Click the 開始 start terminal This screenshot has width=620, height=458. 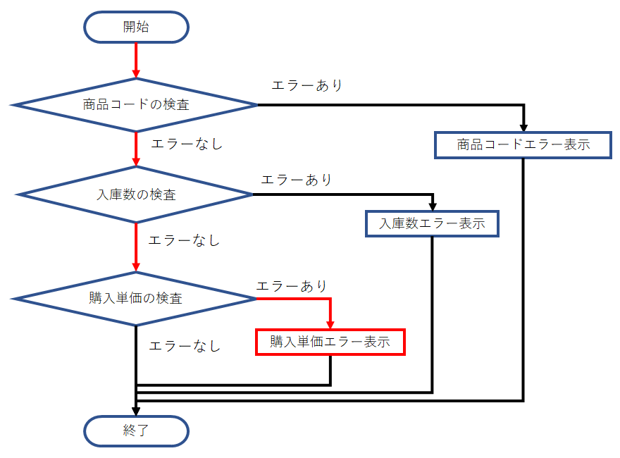coord(136,27)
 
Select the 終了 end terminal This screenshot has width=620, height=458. coord(136,431)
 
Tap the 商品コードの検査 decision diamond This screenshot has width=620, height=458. coord(136,105)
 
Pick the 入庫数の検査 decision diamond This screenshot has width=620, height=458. coord(136,194)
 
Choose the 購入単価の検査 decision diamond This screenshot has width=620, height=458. coord(136,299)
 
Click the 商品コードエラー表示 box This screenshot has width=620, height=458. coord(523,145)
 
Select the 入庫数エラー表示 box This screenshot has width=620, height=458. coord(432,224)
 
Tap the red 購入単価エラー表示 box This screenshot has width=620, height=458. coord(330,342)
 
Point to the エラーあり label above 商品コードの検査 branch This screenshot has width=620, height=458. coord(307,86)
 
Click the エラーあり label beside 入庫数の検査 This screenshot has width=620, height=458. coord(296,180)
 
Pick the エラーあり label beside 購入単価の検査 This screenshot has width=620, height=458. coord(292,286)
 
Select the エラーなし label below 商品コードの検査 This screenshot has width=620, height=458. coord(187,144)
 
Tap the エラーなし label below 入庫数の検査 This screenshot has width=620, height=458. coord(185,240)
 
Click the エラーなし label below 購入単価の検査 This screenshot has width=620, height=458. coord(185,346)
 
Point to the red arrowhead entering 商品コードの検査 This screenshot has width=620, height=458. coord(136,73)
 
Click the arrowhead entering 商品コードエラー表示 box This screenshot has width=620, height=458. coord(523,127)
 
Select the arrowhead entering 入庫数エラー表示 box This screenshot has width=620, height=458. coord(432,206)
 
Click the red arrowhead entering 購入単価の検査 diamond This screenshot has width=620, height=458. coord(136,267)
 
